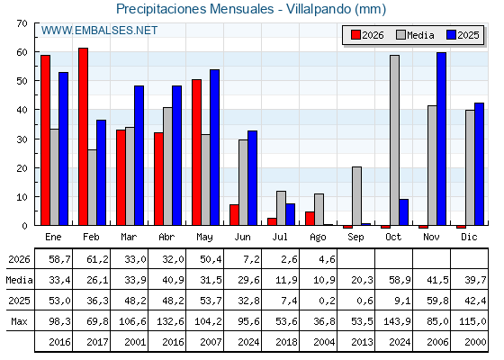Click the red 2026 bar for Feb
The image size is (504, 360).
coord(83,137)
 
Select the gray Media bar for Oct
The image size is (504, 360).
coord(395,140)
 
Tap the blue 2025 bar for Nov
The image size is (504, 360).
coord(441,139)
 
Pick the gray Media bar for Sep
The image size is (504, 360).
coord(356,196)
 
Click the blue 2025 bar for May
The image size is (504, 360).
coord(215,148)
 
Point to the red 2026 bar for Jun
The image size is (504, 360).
coord(234,215)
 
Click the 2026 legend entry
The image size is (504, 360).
coord(367,35)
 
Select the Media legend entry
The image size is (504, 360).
coord(415,35)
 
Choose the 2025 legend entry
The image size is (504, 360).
coord(463,35)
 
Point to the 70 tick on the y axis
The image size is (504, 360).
coord(22,23)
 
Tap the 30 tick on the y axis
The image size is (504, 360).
coord(22,139)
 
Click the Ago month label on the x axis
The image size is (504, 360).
coord(318,238)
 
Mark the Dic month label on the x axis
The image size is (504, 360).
coord(469,237)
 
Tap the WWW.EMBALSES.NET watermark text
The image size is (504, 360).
coord(99,31)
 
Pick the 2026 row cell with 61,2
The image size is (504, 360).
coord(97,259)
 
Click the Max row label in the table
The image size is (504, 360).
coord(19,321)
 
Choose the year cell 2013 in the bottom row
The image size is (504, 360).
coord(362,342)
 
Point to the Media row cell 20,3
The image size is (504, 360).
coord(362,280)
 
